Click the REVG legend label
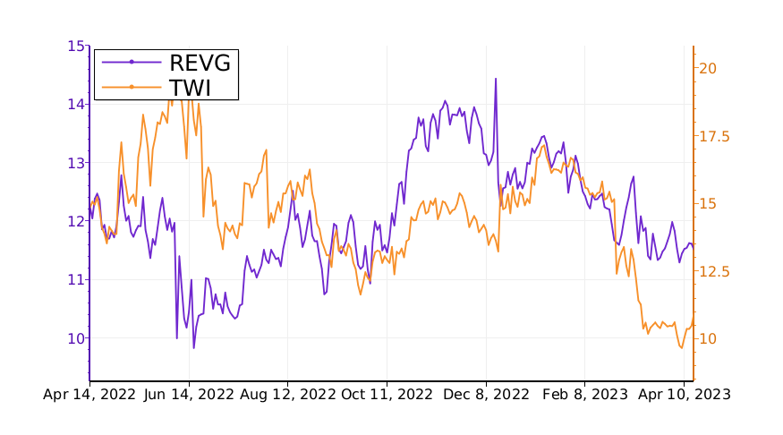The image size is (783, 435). click(x=200, y=63)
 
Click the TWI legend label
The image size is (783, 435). click(x=189, y=87)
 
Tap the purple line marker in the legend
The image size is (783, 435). click(x=132, y=62)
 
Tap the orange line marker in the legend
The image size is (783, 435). click(x=132, y=87)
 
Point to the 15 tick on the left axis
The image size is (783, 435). click(x=76, y=46)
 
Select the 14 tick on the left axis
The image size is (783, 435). click(x=76, y=104)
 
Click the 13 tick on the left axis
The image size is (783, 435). click(x=76, y=163)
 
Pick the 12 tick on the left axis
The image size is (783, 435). click(x=76, y=221)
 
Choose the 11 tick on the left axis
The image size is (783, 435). click(x=76, y=279)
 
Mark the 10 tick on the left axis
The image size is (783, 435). click(x=76, y=338)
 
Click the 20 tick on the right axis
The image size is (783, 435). click(x=708, y=68)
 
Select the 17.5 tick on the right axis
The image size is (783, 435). click(x=713, y=136)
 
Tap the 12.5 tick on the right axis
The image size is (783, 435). click(x=713, y=271)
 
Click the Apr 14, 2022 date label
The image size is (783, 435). click(x=89, y=394)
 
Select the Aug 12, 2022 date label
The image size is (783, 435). click(x=289, y=394)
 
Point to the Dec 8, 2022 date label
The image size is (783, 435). click(x=488, y=394)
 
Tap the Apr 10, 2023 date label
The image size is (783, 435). click(x=684, y=394)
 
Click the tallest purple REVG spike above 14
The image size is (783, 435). click(x=495, y=79)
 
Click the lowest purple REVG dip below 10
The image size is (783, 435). click(x=193, y=348)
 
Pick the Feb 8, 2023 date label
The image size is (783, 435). click(x=586, y=394)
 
